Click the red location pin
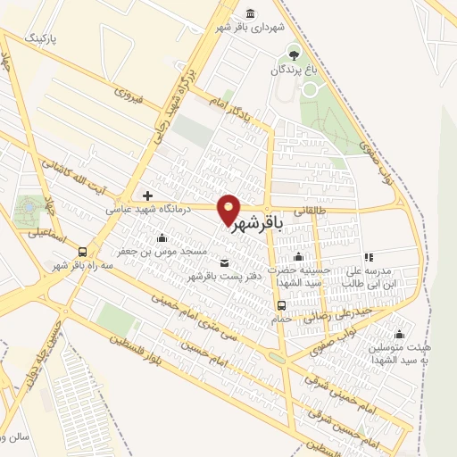pyautogui.click(x=229, y=209)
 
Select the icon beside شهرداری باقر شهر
pyautogui.click(x=248, y=13)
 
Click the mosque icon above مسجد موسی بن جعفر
pyautogui.click(x=162, y=237)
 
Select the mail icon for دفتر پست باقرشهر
pyautogui.click(x=222, y=262)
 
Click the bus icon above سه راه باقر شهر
pyautogui.click(x=83, y=251)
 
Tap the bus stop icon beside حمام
pyautogui.click(x=282, y=305)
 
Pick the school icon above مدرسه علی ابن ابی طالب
pyautogui.click(x=368, y=257)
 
